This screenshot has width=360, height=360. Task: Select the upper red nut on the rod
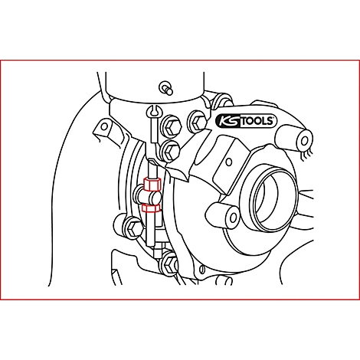coord(149,185)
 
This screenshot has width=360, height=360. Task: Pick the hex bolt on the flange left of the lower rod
coord(131,227)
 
